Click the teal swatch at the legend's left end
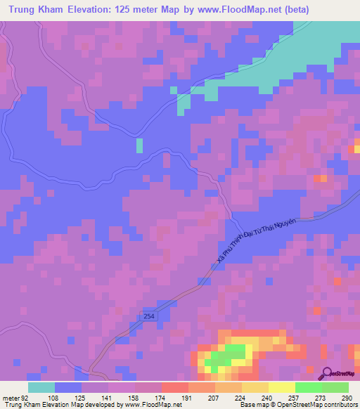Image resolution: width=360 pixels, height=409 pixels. [41, 387]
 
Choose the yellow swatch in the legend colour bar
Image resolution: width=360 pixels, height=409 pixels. [281, 387]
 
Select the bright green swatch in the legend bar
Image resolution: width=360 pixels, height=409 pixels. [308, 387]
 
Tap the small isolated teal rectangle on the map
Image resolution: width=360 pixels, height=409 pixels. [139, 145]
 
